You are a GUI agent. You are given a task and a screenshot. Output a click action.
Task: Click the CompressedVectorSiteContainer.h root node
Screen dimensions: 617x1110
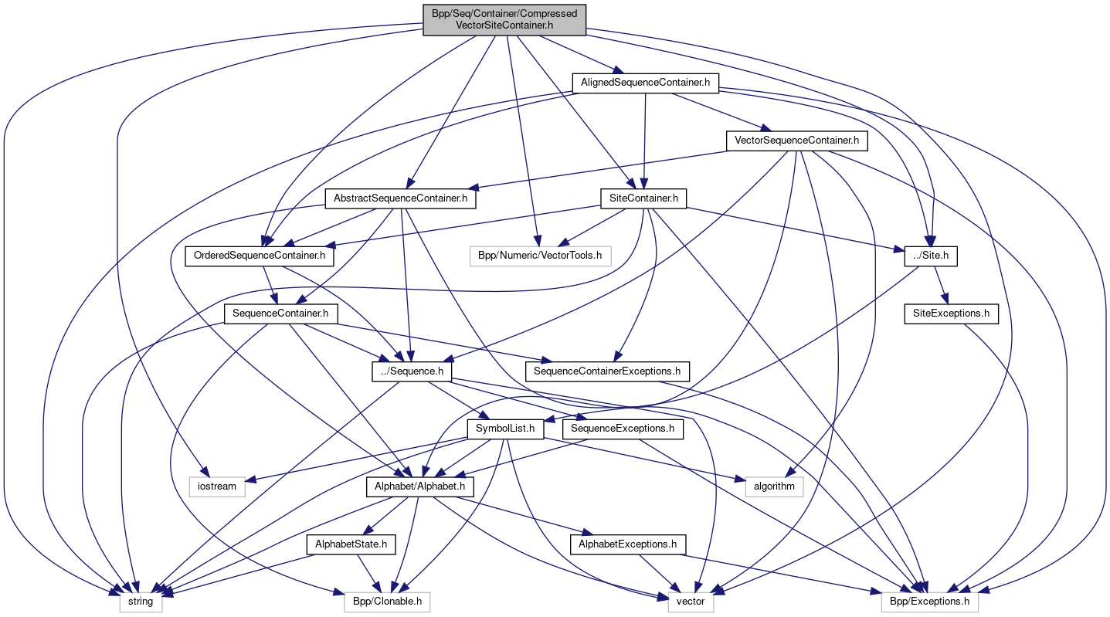pos(504,19)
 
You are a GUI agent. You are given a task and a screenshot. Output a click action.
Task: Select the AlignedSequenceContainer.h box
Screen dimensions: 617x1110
pos(645,82)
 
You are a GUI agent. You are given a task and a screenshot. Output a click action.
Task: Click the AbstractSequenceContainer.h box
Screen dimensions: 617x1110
pos(400,198)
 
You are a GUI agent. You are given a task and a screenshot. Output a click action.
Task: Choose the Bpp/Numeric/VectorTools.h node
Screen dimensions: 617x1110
pos(540,255)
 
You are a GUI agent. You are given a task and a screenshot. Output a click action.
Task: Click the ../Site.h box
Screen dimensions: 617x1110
pos(931,255)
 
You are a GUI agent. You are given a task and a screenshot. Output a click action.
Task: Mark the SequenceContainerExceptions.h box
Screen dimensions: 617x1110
pos(608,371)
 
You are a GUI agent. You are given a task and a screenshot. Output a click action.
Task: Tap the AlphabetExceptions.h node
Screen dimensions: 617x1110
pos(628,544)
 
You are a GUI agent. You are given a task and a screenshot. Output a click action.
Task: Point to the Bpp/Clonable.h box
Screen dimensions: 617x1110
pos(381,601)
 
